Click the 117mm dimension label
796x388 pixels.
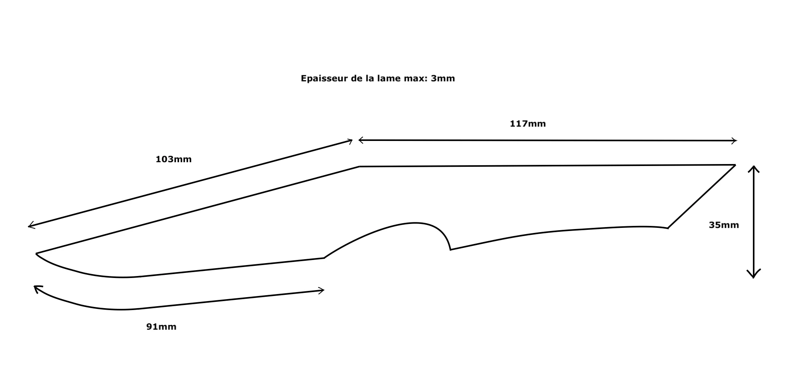(527, 124)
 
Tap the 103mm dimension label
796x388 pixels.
(174, 159)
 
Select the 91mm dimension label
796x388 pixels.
(161, 327)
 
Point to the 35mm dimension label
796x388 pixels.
(724, 225)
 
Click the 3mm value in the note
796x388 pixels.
(443, 78)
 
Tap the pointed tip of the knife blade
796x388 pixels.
(36, 254)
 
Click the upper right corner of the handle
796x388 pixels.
(735, 165)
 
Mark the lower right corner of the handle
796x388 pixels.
(668, 228)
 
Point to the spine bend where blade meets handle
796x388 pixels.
(360, 167)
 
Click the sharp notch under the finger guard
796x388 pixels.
(450, 249)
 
